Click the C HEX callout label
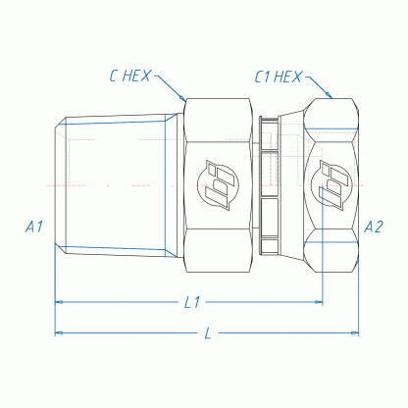129,76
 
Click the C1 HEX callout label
278,76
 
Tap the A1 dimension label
34,227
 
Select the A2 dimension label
374,227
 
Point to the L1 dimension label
192,302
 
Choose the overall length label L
208,333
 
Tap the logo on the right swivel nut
331,185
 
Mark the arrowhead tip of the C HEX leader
185,100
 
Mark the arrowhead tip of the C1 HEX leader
331,98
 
